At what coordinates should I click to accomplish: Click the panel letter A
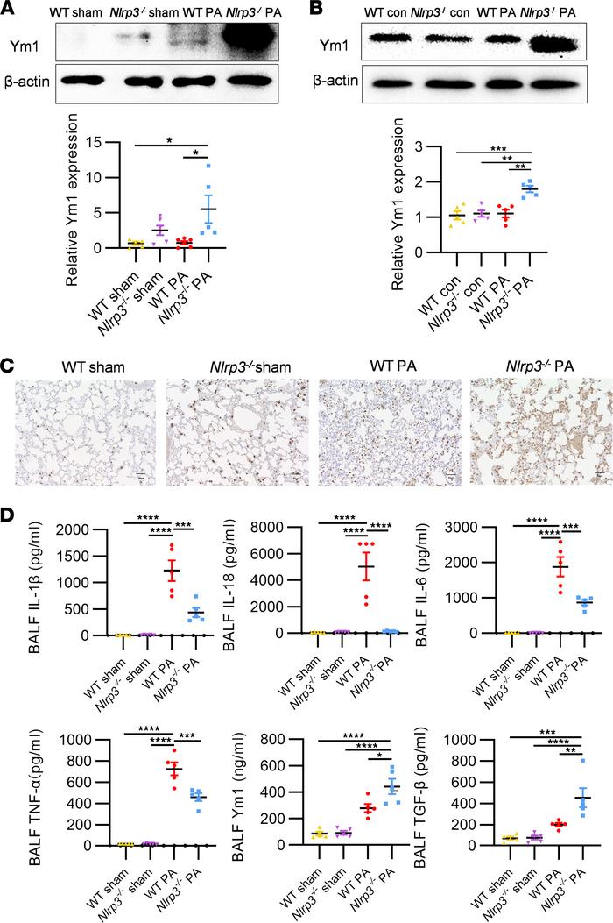[x=10, y=10]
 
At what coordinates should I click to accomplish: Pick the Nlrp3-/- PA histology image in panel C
[x=535, y=430]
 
